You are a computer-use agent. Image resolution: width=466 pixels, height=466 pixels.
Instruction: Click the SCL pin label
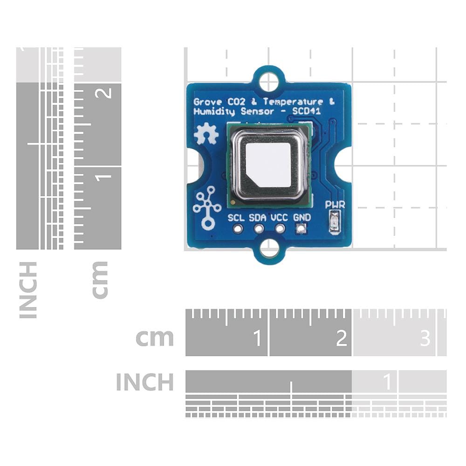tap(236, 217)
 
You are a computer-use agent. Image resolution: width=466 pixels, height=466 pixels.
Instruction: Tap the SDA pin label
tap(258, 217)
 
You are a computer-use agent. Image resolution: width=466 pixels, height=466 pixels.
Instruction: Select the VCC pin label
tap(280, 217)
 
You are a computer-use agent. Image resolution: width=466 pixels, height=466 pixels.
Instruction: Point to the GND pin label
tap(302, 217)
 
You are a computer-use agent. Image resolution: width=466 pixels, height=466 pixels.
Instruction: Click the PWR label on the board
tap(335, 204)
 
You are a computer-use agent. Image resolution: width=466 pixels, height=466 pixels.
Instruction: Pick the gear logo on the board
tap(206, 135)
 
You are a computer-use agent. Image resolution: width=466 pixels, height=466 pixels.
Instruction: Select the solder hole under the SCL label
tap(238, 228)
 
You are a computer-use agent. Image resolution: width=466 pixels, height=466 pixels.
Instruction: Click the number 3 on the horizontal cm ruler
tap(425, 338)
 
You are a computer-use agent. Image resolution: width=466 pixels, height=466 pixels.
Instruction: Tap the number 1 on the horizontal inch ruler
tap(387, 383)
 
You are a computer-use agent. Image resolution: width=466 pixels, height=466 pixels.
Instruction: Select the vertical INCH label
tap(28, 290)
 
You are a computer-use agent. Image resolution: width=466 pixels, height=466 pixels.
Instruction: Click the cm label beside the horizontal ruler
tap(154, 338)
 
